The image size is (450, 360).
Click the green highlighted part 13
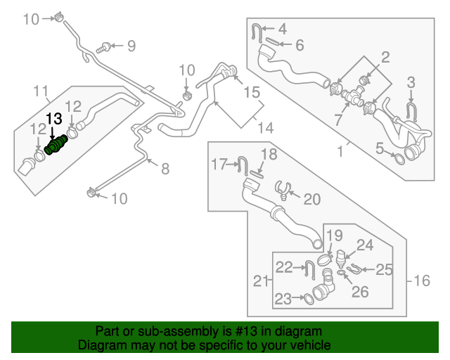[x=55, y=145]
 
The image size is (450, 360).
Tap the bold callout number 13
[x=54, y=119]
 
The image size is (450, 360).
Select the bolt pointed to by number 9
[x=104, y=47]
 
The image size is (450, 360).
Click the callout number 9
[x=130, y=46]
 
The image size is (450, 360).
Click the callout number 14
[x=264, y=128]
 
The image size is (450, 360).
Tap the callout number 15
[x=252, y=92]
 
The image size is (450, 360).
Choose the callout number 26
[x=359, y=292]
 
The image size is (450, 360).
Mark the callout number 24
[x=364, y=245]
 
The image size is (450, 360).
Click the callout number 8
[x=165, y=169]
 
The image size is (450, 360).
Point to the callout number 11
[x=41, y=90]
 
